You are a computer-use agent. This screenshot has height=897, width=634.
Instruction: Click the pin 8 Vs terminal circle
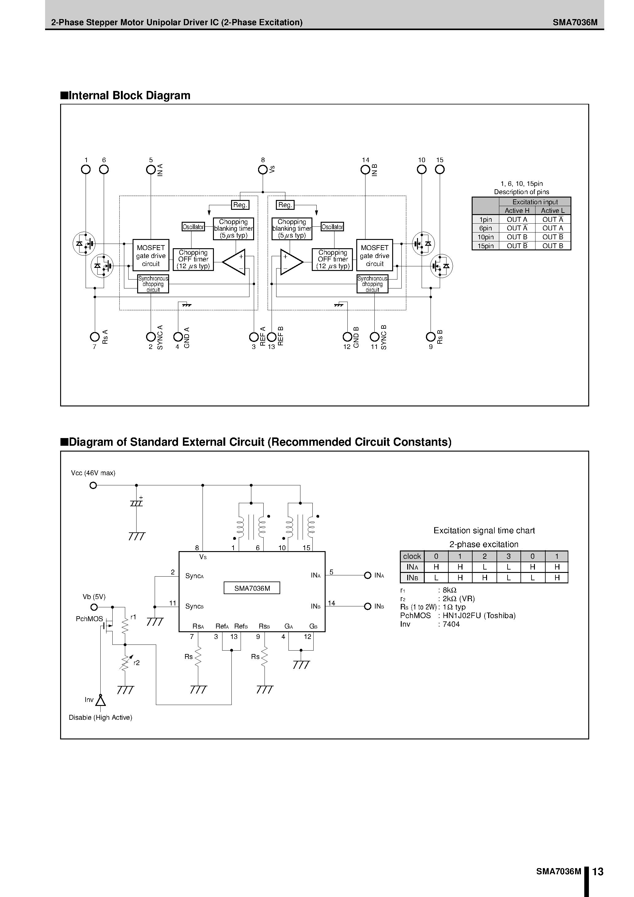pyautogui.click(x=263, y=170)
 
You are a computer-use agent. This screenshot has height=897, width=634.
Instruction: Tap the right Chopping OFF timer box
pyautogui.click(x=332, y=259)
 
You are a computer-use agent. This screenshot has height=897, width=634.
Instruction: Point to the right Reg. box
pyautogui.click(x=285, y=205)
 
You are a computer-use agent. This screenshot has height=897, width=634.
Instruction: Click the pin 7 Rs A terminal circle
pyautogui.click(x=95, y=336)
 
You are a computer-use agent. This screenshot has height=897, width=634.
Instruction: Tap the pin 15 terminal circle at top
pyautogui.click(x=439, y=170)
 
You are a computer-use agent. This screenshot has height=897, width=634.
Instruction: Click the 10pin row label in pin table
pyautogui.click(x=485, y=237)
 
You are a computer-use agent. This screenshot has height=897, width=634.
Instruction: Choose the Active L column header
pyautogui.click(x=552, y=210)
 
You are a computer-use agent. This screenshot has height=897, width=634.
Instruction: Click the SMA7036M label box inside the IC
pyautogui.click(x=252, y=588)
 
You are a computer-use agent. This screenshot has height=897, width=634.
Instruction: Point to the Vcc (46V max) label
pyautogui.click(x=93, y=473)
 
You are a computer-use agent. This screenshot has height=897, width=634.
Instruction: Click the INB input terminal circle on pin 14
pyautogui.click(x=367, y=606)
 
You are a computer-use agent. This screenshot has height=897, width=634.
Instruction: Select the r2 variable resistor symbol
pyautogui.click(x=125, y=663)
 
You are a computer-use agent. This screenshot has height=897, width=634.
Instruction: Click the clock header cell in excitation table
pyautogui.click(x=412, y=556)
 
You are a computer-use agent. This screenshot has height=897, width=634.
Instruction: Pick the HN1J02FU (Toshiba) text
pyautogui.click(x=479, y=616)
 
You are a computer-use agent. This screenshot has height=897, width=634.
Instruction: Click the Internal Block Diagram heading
pyautogui.click(x=125, y=95)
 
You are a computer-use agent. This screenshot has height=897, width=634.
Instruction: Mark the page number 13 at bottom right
pyautogui.click(x=598, y=872)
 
